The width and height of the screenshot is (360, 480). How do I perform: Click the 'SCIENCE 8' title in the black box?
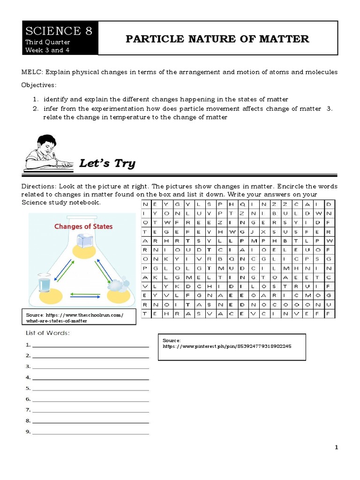coord(59,31)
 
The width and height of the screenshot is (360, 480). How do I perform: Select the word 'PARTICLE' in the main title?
coord(150,39)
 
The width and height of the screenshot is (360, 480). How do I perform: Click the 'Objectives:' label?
coord(39,85)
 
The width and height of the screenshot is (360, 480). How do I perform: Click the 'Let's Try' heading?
coord(107,163)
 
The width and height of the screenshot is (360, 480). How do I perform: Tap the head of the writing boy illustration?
coord(46,142)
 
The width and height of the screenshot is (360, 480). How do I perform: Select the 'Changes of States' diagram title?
coord(83,226)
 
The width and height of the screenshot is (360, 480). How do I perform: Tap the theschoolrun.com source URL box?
coord(79,318)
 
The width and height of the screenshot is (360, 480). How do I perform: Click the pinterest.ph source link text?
coord(227,346)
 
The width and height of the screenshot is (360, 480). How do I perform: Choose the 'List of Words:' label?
coord(47,333)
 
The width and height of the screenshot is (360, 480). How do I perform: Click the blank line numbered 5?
coord(90,390)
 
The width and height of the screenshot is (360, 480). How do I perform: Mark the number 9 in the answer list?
coord(28,432)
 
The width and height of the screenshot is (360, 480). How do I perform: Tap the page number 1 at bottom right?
coord(336,448)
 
